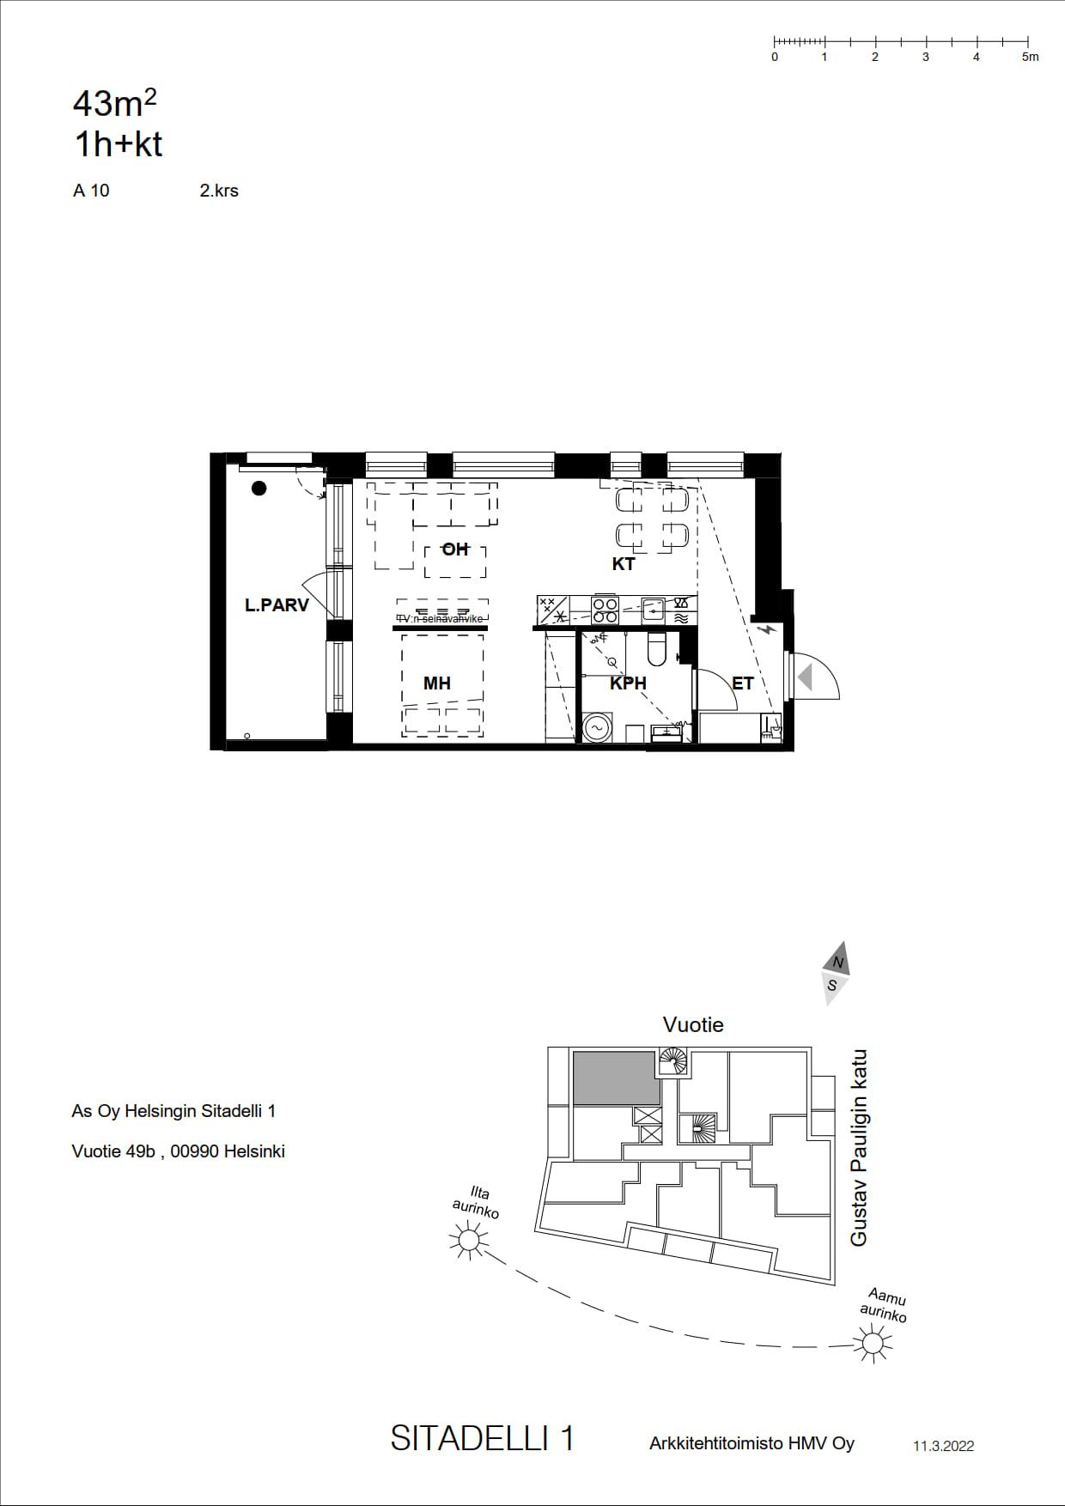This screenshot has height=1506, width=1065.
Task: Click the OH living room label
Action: tap(454, 550)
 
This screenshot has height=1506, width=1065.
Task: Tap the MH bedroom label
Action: tap(437, 683)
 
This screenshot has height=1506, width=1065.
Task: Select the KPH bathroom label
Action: tap(628, 683)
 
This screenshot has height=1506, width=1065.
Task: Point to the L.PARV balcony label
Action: tap(277, 605)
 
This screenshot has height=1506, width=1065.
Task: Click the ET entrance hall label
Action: tap(743, 683)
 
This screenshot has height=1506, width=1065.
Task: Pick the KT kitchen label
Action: tap(624, 564)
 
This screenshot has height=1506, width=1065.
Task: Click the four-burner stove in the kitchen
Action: tap(606, 610)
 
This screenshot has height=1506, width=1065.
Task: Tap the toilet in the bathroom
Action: tap(656, 650)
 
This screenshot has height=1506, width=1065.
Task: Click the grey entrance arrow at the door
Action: tap(806, 677)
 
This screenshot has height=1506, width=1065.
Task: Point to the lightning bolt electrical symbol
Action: tap(768, 629)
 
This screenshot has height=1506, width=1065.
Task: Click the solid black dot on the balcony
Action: tap(259, 489)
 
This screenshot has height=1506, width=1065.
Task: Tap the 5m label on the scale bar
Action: tap(1031, 58)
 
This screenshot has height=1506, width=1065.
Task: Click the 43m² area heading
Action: tap(115, 103)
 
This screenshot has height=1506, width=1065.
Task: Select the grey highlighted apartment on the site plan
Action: tap(617, 1078)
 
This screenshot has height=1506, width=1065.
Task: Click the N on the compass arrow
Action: tap(838, 963)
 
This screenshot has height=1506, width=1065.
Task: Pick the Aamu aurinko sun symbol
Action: tap(873, 1342)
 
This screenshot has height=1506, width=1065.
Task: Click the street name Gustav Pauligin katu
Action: tap(859, 1148)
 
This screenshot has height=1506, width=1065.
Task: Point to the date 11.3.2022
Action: tap(944, 1446)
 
